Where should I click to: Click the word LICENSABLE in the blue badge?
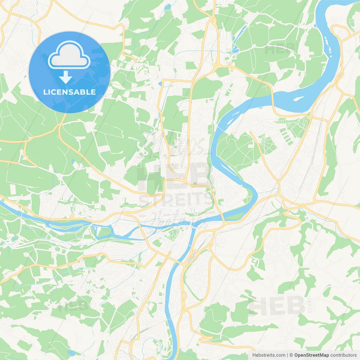[x=69, y=92]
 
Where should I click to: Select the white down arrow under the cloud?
[x=66, y=77]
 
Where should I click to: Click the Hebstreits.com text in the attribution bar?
[x=269, y=355]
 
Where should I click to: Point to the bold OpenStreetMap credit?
[x=311, y=355]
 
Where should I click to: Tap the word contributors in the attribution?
[x=343, y=355]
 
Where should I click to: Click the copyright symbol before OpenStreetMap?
[x=291, y=355]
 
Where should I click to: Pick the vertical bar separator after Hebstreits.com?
[x=287, y=355]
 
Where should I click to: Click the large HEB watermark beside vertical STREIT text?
[x=277, y=306]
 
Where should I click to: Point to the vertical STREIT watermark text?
[x=310, y=304]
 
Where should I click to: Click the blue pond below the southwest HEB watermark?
[x=71, y=352]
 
